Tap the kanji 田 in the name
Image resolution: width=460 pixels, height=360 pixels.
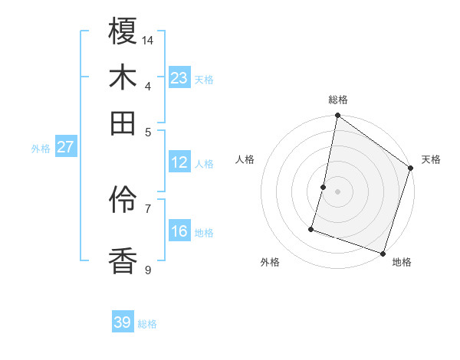click(x=123, y=123)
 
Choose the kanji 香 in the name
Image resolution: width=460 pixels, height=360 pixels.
click(x=123, y=260)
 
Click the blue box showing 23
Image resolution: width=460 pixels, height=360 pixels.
click(x=179, y=78)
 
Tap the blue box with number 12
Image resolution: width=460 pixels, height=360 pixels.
click(x=179, y=162)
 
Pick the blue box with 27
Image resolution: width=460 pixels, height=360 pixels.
click(x=65, y=147)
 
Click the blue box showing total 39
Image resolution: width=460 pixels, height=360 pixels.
click(x=123, y=322)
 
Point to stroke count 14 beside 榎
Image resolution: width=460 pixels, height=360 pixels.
click(x=149, y=39)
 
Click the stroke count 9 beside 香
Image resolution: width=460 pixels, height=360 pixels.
click(x=148, y=270)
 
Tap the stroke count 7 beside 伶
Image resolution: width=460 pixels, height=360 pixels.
click(x=148, y=208)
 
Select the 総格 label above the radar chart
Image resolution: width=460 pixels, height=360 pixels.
click(x=338, y=100)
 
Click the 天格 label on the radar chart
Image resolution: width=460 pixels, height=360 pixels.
click(x=431, y=159)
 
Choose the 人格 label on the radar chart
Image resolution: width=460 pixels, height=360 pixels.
click(x=245, y=159)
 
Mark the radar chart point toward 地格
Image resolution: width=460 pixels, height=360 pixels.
click(x=383, y=253)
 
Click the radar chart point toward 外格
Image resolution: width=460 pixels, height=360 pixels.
click(x=311, y=228)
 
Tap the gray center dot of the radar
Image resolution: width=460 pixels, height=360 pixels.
click(x=337, y=191)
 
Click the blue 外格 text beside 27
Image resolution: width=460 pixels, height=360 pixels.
click(x=40, y=149)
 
